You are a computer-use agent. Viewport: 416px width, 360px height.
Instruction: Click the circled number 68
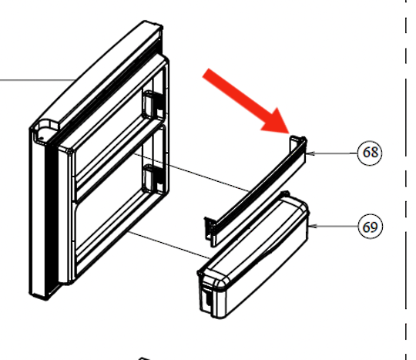(x=371, y=153)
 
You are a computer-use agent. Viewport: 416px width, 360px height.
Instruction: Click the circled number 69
(x=371, y=227)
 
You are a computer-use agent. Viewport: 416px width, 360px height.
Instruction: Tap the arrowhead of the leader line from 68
(x=308, y=153)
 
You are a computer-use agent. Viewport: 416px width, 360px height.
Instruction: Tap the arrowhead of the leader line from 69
(x=313, y=227)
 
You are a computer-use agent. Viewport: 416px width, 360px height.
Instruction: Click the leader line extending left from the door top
(x=31, y=79)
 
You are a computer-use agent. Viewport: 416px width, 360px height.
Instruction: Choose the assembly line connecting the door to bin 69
(x=166, y=243)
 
